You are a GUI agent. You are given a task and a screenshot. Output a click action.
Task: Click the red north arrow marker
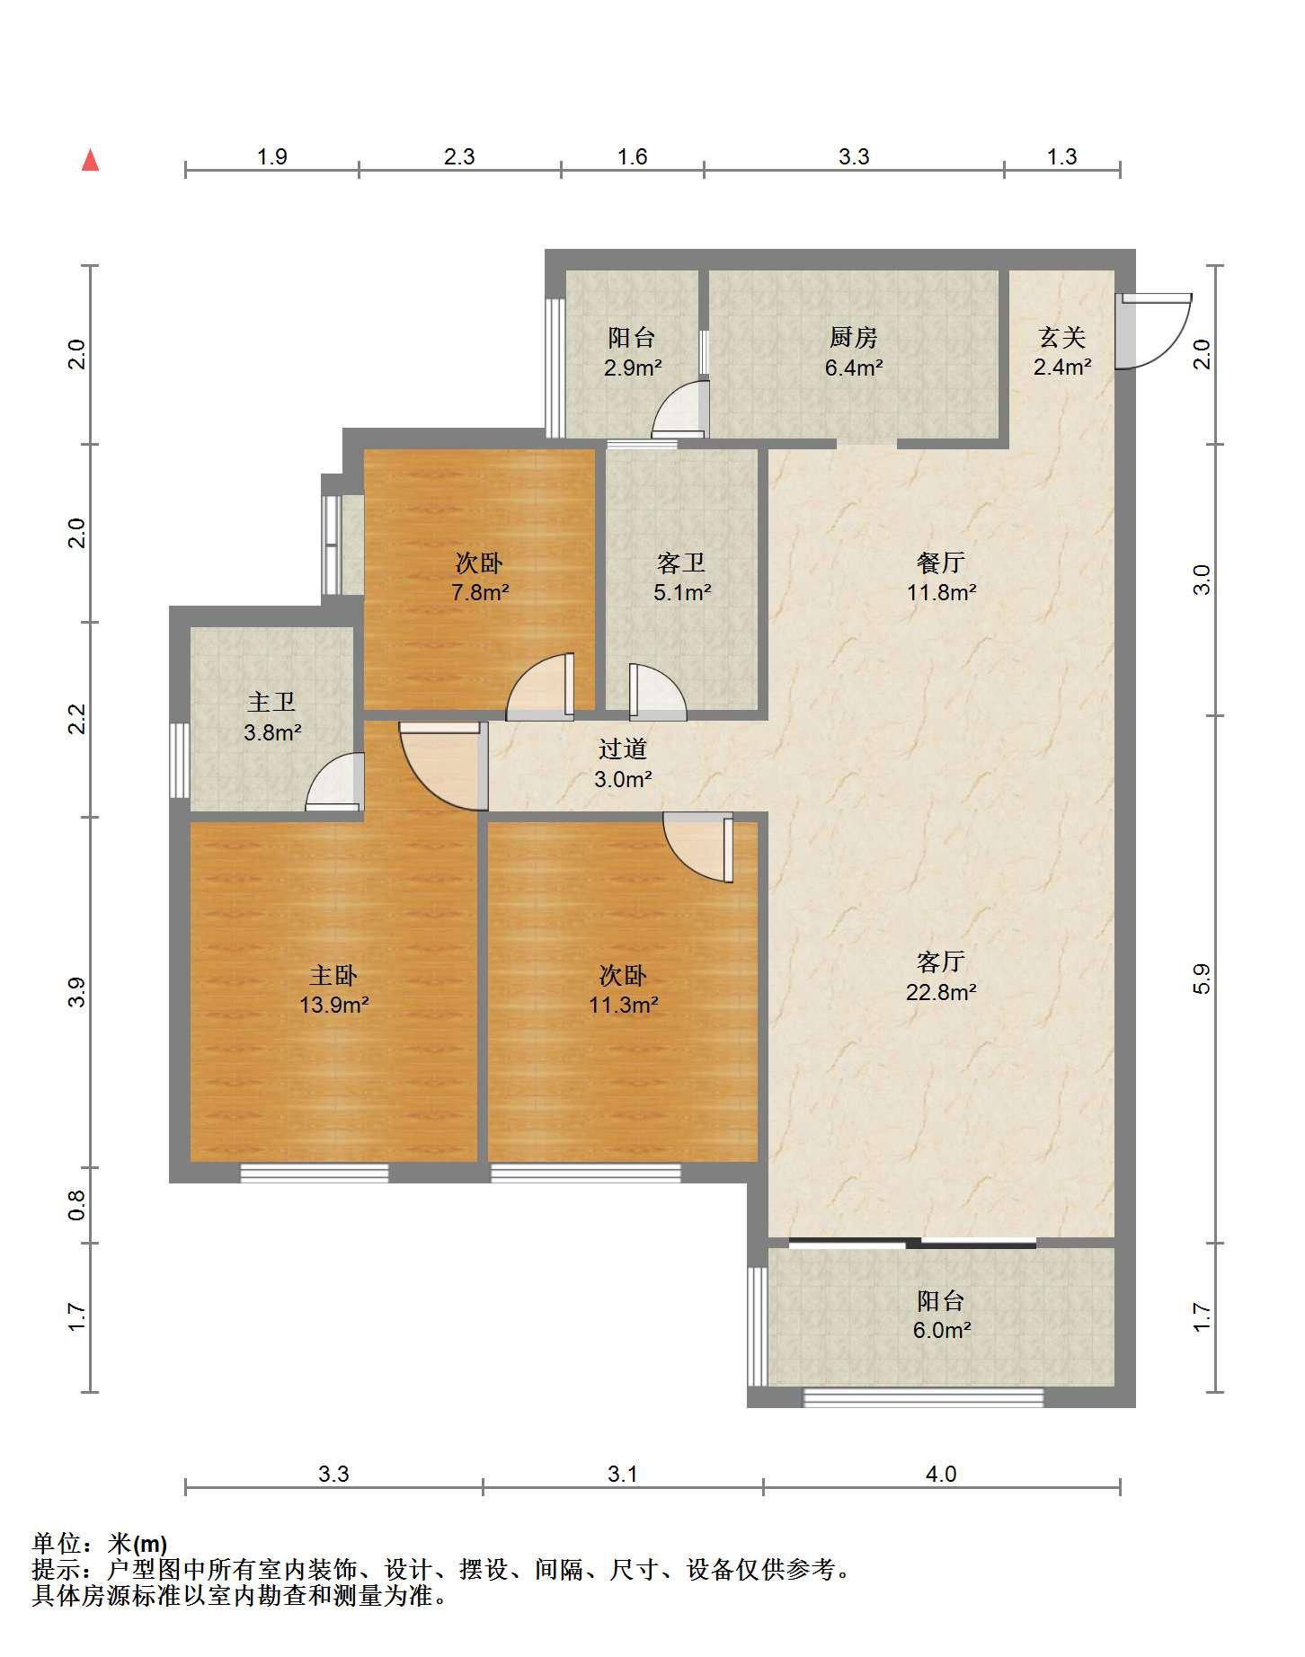pos(90,160)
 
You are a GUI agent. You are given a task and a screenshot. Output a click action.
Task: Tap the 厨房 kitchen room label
pos(853,338)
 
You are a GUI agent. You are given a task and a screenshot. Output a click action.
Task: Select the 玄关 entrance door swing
pos(1154,331)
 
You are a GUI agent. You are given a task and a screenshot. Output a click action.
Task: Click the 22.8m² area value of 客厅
pos(941,992)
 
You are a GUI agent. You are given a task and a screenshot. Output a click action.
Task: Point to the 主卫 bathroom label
pos(271,703)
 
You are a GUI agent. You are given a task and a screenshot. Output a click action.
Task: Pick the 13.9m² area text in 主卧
pos(334,1005)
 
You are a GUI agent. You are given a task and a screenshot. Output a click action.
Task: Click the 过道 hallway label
pos(623,749)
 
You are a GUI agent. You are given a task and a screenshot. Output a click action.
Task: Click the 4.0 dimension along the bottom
pos(941,1474)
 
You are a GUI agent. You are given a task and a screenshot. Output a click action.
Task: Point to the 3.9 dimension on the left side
pos(77,992)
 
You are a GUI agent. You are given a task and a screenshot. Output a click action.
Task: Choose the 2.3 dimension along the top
pos(459,156)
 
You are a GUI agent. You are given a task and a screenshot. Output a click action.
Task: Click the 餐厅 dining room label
pos(941,563)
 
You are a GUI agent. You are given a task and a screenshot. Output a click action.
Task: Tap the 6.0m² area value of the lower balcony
pos(942,1331)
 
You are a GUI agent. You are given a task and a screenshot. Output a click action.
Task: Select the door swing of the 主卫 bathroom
pos(335,782)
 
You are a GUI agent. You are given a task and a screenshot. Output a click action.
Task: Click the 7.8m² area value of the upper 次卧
pos(480,592)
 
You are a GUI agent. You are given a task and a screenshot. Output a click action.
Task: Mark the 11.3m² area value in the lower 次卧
pos(624,1005)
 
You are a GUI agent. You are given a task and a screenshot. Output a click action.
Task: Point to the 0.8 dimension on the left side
pos(77,1205)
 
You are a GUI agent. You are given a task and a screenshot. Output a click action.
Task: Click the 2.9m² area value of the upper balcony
pos(633,367)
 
